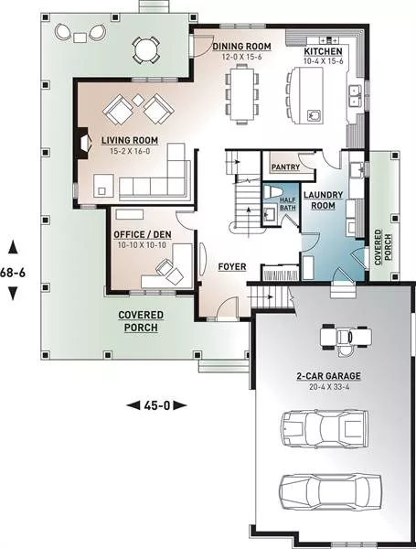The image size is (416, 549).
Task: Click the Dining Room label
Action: point(241,47)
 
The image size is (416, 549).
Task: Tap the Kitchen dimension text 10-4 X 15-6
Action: point(324,61)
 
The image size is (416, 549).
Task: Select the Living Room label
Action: point(130,140)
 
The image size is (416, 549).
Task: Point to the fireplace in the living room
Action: point(84,143)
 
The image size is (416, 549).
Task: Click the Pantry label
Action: point(285,167)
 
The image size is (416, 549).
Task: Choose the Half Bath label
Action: point(288,204)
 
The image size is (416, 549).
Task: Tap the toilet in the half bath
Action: point(272,192)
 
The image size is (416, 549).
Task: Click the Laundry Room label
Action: point(323,199)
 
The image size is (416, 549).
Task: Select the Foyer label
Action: point(232,267)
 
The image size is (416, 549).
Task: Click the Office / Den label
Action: point(143,234)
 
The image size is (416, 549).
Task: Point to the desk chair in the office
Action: point(165,267)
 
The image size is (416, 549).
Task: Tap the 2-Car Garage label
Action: point(328,376)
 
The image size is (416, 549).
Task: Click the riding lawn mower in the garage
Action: point(346,338)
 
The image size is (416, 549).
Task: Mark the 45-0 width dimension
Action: point(156,405)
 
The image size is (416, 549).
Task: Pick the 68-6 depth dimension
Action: point(13,272)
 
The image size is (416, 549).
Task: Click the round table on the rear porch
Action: point(146,50)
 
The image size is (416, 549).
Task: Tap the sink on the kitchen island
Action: point(314,115)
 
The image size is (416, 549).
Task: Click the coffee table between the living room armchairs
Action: point(139,100)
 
